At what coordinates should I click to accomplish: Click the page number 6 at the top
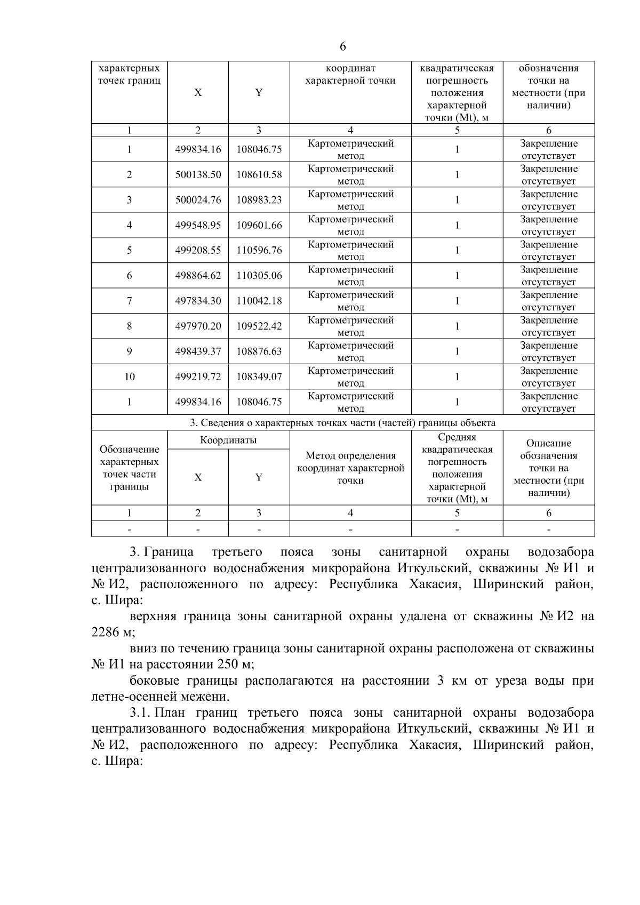tap(342, 47)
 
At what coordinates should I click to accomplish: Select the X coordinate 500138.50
tap(198, 175)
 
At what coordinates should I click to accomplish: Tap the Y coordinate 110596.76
tap(259, 251)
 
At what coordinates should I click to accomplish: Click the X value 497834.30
tap(198, 301)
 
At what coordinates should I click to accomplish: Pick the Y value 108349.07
tap(259, 377)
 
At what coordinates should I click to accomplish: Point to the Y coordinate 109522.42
tap(259, 326)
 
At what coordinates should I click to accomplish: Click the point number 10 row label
tap(129, 377)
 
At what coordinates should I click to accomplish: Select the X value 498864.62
tap(198, 276)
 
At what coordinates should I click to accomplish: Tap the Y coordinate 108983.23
tap(259, 200)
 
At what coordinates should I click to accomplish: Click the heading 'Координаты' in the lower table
tap(228, 440)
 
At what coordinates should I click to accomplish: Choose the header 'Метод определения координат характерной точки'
tap(350, 468)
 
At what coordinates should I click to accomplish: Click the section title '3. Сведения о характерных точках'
tap(342, 423)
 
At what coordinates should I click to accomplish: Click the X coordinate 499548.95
tap(198, 226)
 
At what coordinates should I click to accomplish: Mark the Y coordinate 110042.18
tap(259, 301)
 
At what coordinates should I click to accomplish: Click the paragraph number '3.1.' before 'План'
tap(140, 713)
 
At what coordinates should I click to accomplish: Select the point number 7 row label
tap(129, 301)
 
